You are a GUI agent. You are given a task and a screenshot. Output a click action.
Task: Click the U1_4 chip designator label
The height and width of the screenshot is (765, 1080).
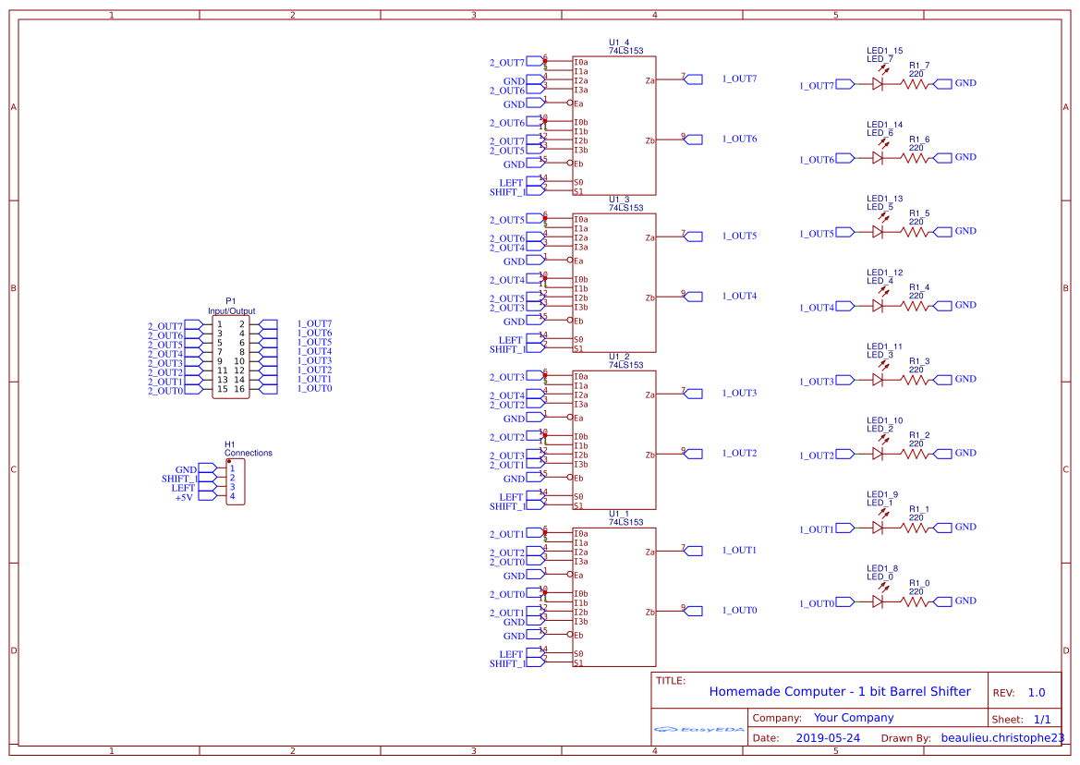[x=618, y=42]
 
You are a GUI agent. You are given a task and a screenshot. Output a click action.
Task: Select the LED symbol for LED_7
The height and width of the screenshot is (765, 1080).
[x=878, y=84]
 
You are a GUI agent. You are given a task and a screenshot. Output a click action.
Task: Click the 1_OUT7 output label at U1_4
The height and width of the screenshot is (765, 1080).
[x=739, y=79]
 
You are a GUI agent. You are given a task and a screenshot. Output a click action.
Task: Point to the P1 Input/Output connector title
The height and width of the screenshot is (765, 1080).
[x=231, y=307]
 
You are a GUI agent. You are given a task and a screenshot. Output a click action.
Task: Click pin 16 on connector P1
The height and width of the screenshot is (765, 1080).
[x=239, y=389]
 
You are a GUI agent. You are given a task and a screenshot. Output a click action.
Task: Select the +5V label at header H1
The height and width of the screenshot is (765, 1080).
[x=184, y=497]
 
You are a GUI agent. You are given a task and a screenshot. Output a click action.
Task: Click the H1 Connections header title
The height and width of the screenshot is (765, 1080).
[x=248, y=449]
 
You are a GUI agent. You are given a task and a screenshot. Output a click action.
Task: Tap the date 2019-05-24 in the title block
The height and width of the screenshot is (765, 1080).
[x=828, y=738]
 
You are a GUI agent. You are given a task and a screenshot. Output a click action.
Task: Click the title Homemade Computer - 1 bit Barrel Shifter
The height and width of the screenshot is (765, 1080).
[x=839, y=691]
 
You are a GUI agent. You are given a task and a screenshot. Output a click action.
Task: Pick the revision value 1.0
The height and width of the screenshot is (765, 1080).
[x=1036, y=693]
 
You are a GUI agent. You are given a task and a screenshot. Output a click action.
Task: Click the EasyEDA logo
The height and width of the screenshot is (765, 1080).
[x=699, y=729]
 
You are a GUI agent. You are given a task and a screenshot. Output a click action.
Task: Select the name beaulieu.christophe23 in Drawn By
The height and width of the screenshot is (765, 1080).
[x=1002, y=738]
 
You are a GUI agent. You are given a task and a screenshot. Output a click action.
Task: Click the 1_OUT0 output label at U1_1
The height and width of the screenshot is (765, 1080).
[x=739, y=611]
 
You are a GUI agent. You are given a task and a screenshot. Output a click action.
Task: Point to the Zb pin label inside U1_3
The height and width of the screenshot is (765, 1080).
[x=649, y=298]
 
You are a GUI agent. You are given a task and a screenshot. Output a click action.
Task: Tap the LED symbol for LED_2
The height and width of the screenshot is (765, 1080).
[x=878, y=454]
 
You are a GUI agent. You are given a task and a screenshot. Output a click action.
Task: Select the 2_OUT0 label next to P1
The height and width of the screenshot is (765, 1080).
[x=165, y=391]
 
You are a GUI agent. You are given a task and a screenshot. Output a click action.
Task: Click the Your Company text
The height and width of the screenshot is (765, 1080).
[x=853, y=718]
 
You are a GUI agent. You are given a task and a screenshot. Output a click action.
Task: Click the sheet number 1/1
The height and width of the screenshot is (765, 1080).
[x=1041, y=719]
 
